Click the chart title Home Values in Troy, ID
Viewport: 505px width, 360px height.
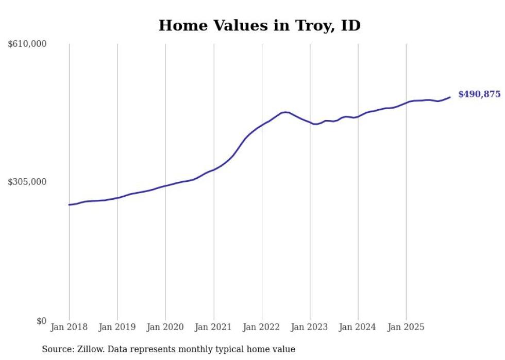259,25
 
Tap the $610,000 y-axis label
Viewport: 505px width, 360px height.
27,44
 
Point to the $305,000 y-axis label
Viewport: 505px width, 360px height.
27,182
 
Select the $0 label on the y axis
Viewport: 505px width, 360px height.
41,321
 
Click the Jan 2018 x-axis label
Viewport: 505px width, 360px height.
69,327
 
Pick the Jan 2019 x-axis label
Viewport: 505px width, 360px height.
117,327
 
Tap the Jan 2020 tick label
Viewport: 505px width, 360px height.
165,327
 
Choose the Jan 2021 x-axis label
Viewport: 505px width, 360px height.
214,327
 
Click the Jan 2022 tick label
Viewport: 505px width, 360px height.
262,327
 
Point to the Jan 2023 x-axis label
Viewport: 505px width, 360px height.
310,327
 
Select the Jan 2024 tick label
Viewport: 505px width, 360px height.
358,327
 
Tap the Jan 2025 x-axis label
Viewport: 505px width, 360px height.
407,327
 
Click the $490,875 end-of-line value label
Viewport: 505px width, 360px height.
479,94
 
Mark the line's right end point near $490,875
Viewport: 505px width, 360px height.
450,97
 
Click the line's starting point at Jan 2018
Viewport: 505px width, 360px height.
69,204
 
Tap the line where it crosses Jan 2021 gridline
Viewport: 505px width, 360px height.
214,169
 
